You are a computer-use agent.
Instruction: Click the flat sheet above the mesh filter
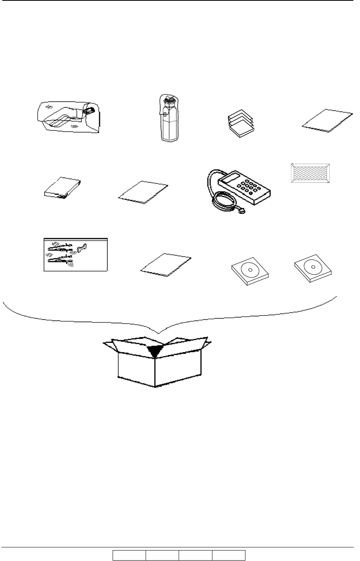click(x=327, y=121)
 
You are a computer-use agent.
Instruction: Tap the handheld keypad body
click(x=245, y=189)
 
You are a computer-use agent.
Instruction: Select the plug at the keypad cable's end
click(x=242, y=212)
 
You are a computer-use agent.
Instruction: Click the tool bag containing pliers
click(x=75, y=254)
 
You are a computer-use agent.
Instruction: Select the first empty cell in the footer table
click(x=129, y=556)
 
